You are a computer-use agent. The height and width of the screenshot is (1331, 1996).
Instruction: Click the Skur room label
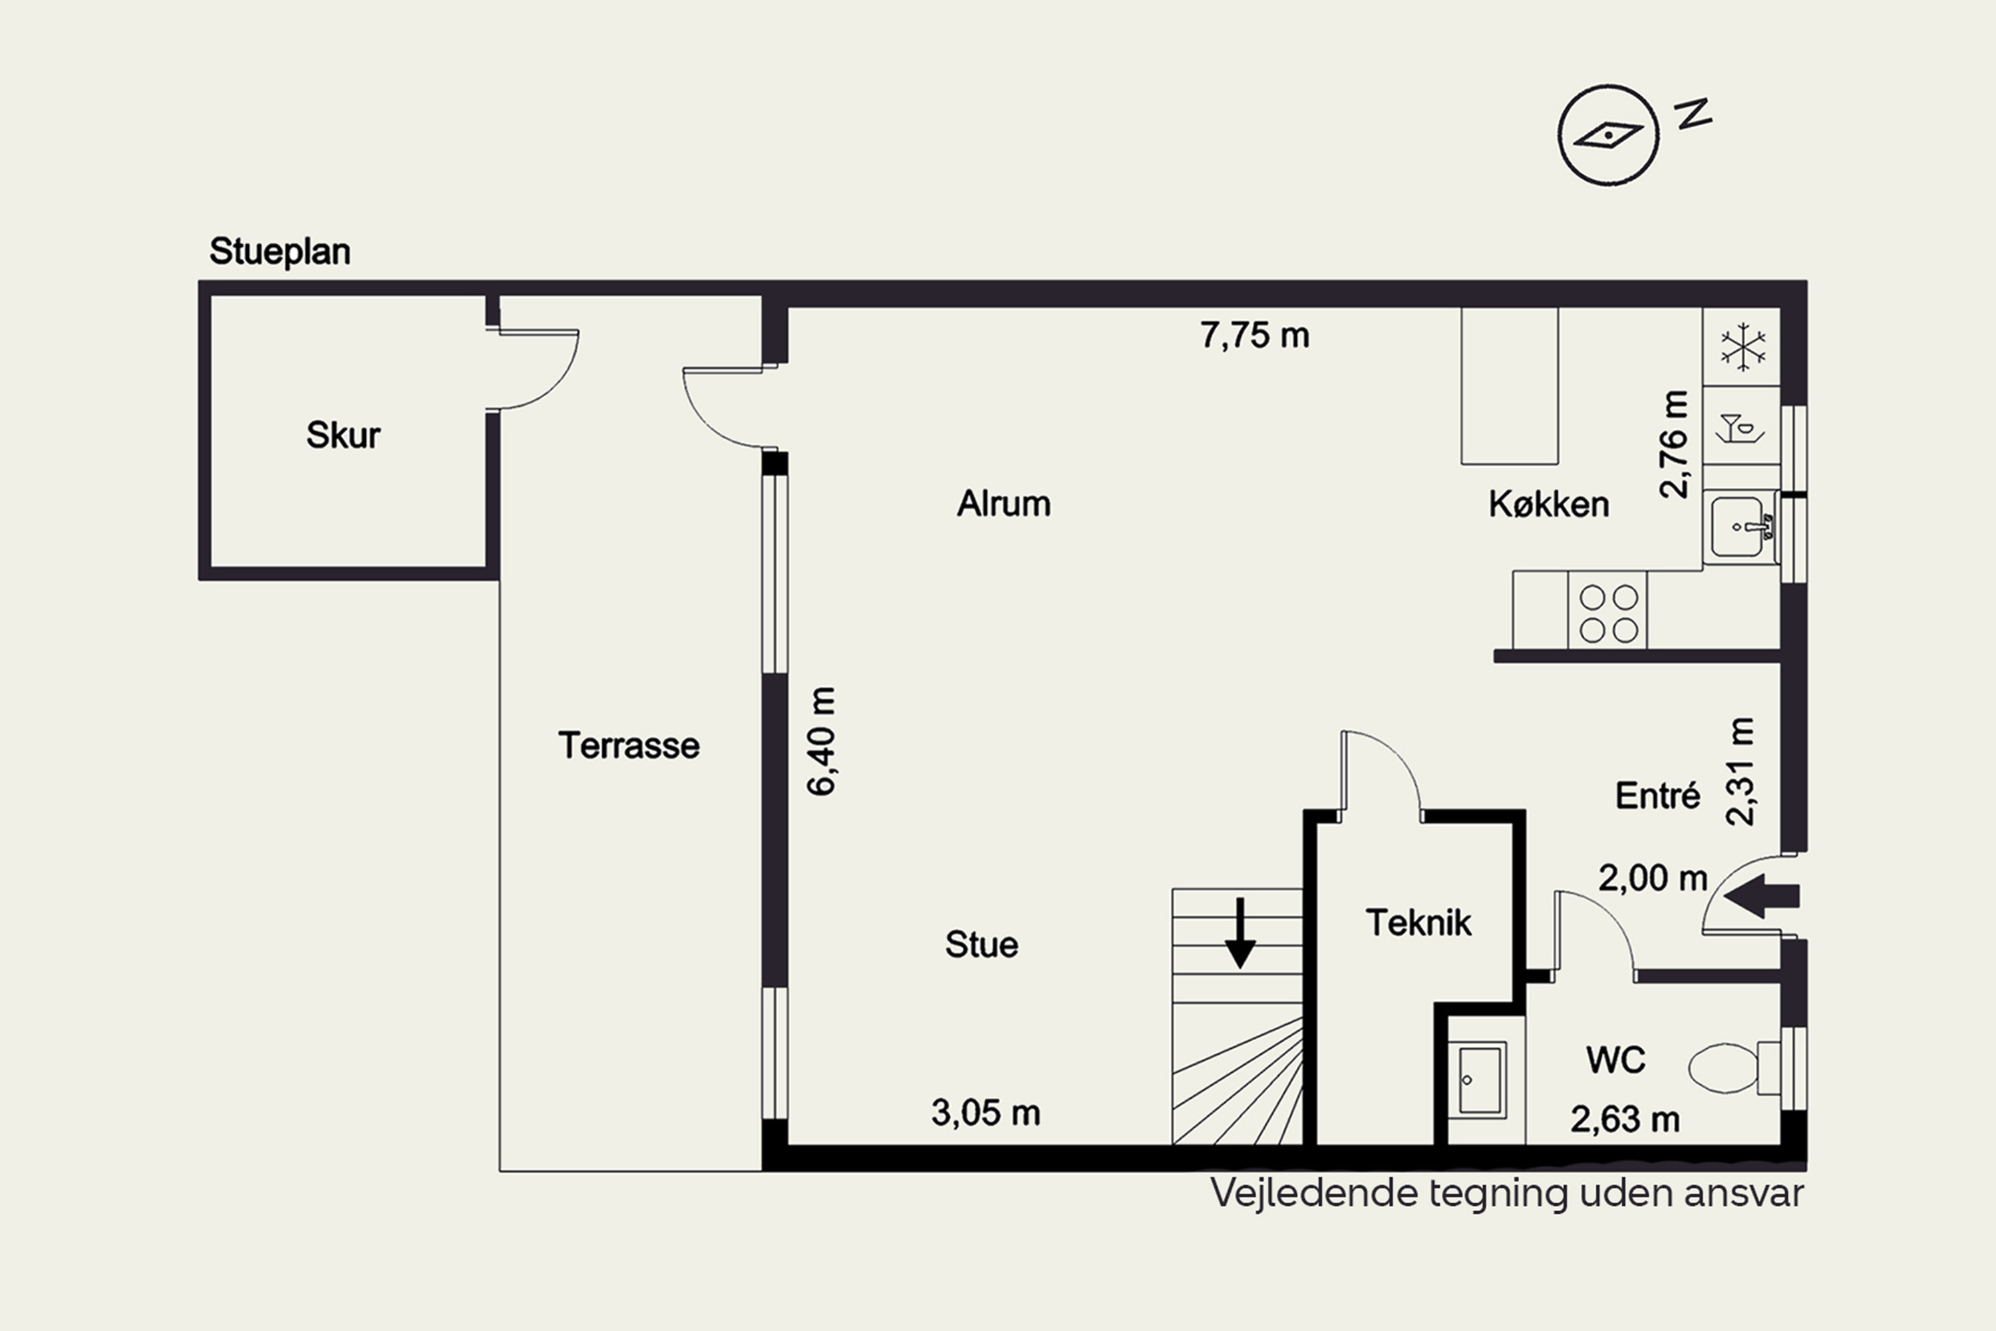coord(343,435)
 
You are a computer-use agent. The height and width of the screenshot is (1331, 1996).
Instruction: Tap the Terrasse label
coord(629,746)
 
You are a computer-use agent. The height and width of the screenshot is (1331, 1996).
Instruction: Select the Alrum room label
coord(1004,504)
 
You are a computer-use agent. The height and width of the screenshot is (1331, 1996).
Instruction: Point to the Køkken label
coord(1549,504)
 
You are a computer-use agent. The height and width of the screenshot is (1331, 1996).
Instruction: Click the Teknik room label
coord(1418,922)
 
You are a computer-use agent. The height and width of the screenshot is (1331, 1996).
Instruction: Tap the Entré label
coord(1657,795)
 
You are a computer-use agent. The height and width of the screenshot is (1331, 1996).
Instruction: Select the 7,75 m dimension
coord(1254,335)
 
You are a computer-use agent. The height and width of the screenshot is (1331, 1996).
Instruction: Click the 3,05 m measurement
coord(985,1113)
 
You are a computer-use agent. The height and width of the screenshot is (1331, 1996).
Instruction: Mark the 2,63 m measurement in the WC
coord(1624,1119)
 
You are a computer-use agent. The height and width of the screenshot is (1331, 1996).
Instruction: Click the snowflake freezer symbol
coord(1743,346)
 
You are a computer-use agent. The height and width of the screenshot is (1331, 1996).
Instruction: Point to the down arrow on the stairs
coord(1240,933)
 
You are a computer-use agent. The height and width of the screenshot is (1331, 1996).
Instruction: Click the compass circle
coord(1608,135)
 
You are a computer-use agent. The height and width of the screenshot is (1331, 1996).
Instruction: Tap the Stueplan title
coord(280,252)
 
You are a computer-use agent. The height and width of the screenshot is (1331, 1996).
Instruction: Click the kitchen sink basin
coord(1737,527)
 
